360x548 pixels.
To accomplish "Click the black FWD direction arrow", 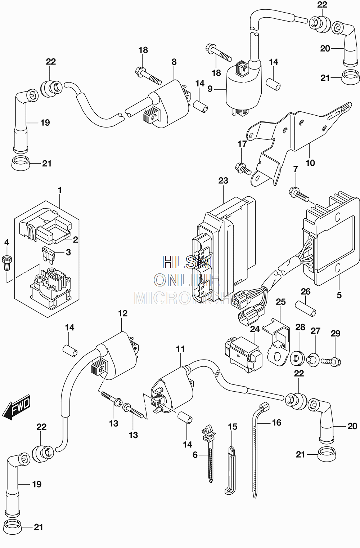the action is tap(16, 406).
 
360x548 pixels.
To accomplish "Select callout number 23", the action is tap(223, 181).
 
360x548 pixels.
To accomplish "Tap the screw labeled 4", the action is tap(6, 263).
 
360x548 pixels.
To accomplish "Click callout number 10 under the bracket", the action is tap(310, 163).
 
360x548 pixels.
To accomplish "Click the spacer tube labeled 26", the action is tap(306, 309).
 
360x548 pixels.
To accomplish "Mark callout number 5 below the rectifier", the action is tap(339, 295).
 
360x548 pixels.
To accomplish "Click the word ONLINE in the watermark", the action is tap(186, 280).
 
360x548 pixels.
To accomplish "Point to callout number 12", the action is tap(123, 313).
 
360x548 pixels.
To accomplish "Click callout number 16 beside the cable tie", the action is tap(276, 423).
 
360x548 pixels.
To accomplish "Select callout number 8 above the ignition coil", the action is tap(174, 62).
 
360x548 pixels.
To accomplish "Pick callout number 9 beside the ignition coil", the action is tap(210, 89).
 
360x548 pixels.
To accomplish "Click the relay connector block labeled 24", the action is tap(243, 355).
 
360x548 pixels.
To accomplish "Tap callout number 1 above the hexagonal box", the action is tap(60, 190).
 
